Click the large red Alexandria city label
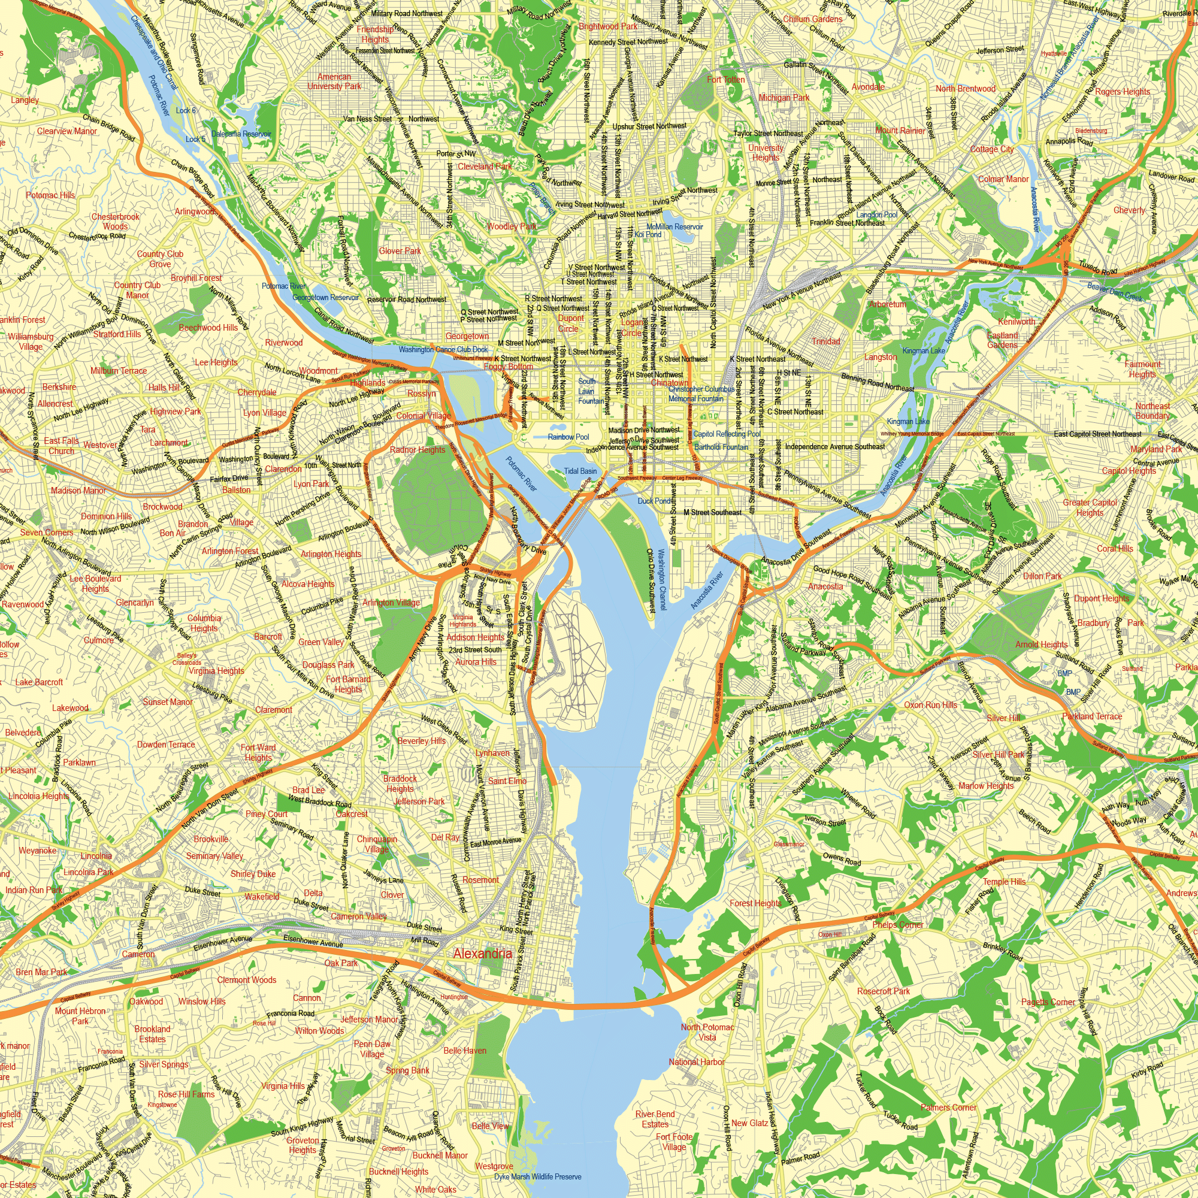tap(482, 954)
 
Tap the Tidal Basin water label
tap(580, 471)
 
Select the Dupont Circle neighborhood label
tap(570, 323)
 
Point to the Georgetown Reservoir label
tap(325, 298)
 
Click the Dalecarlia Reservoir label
tap(241, 134)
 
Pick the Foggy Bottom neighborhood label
tap(508, 367)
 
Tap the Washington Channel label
tap(662, 579)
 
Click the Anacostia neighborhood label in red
tap(825, 586)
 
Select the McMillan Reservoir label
tap(674, 227)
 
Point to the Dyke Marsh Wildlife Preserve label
tap(538, 1176)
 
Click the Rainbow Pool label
tap(568, 437)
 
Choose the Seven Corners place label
tap(47, 532)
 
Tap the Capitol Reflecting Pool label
tap(727, 434)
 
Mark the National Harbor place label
tap(697, 1061)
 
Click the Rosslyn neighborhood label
tap(422, 394)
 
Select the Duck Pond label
tap(654, 500)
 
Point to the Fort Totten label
tap(726, 80)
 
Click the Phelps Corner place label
tap(897, 924)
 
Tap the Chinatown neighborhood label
tap(669, 383)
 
